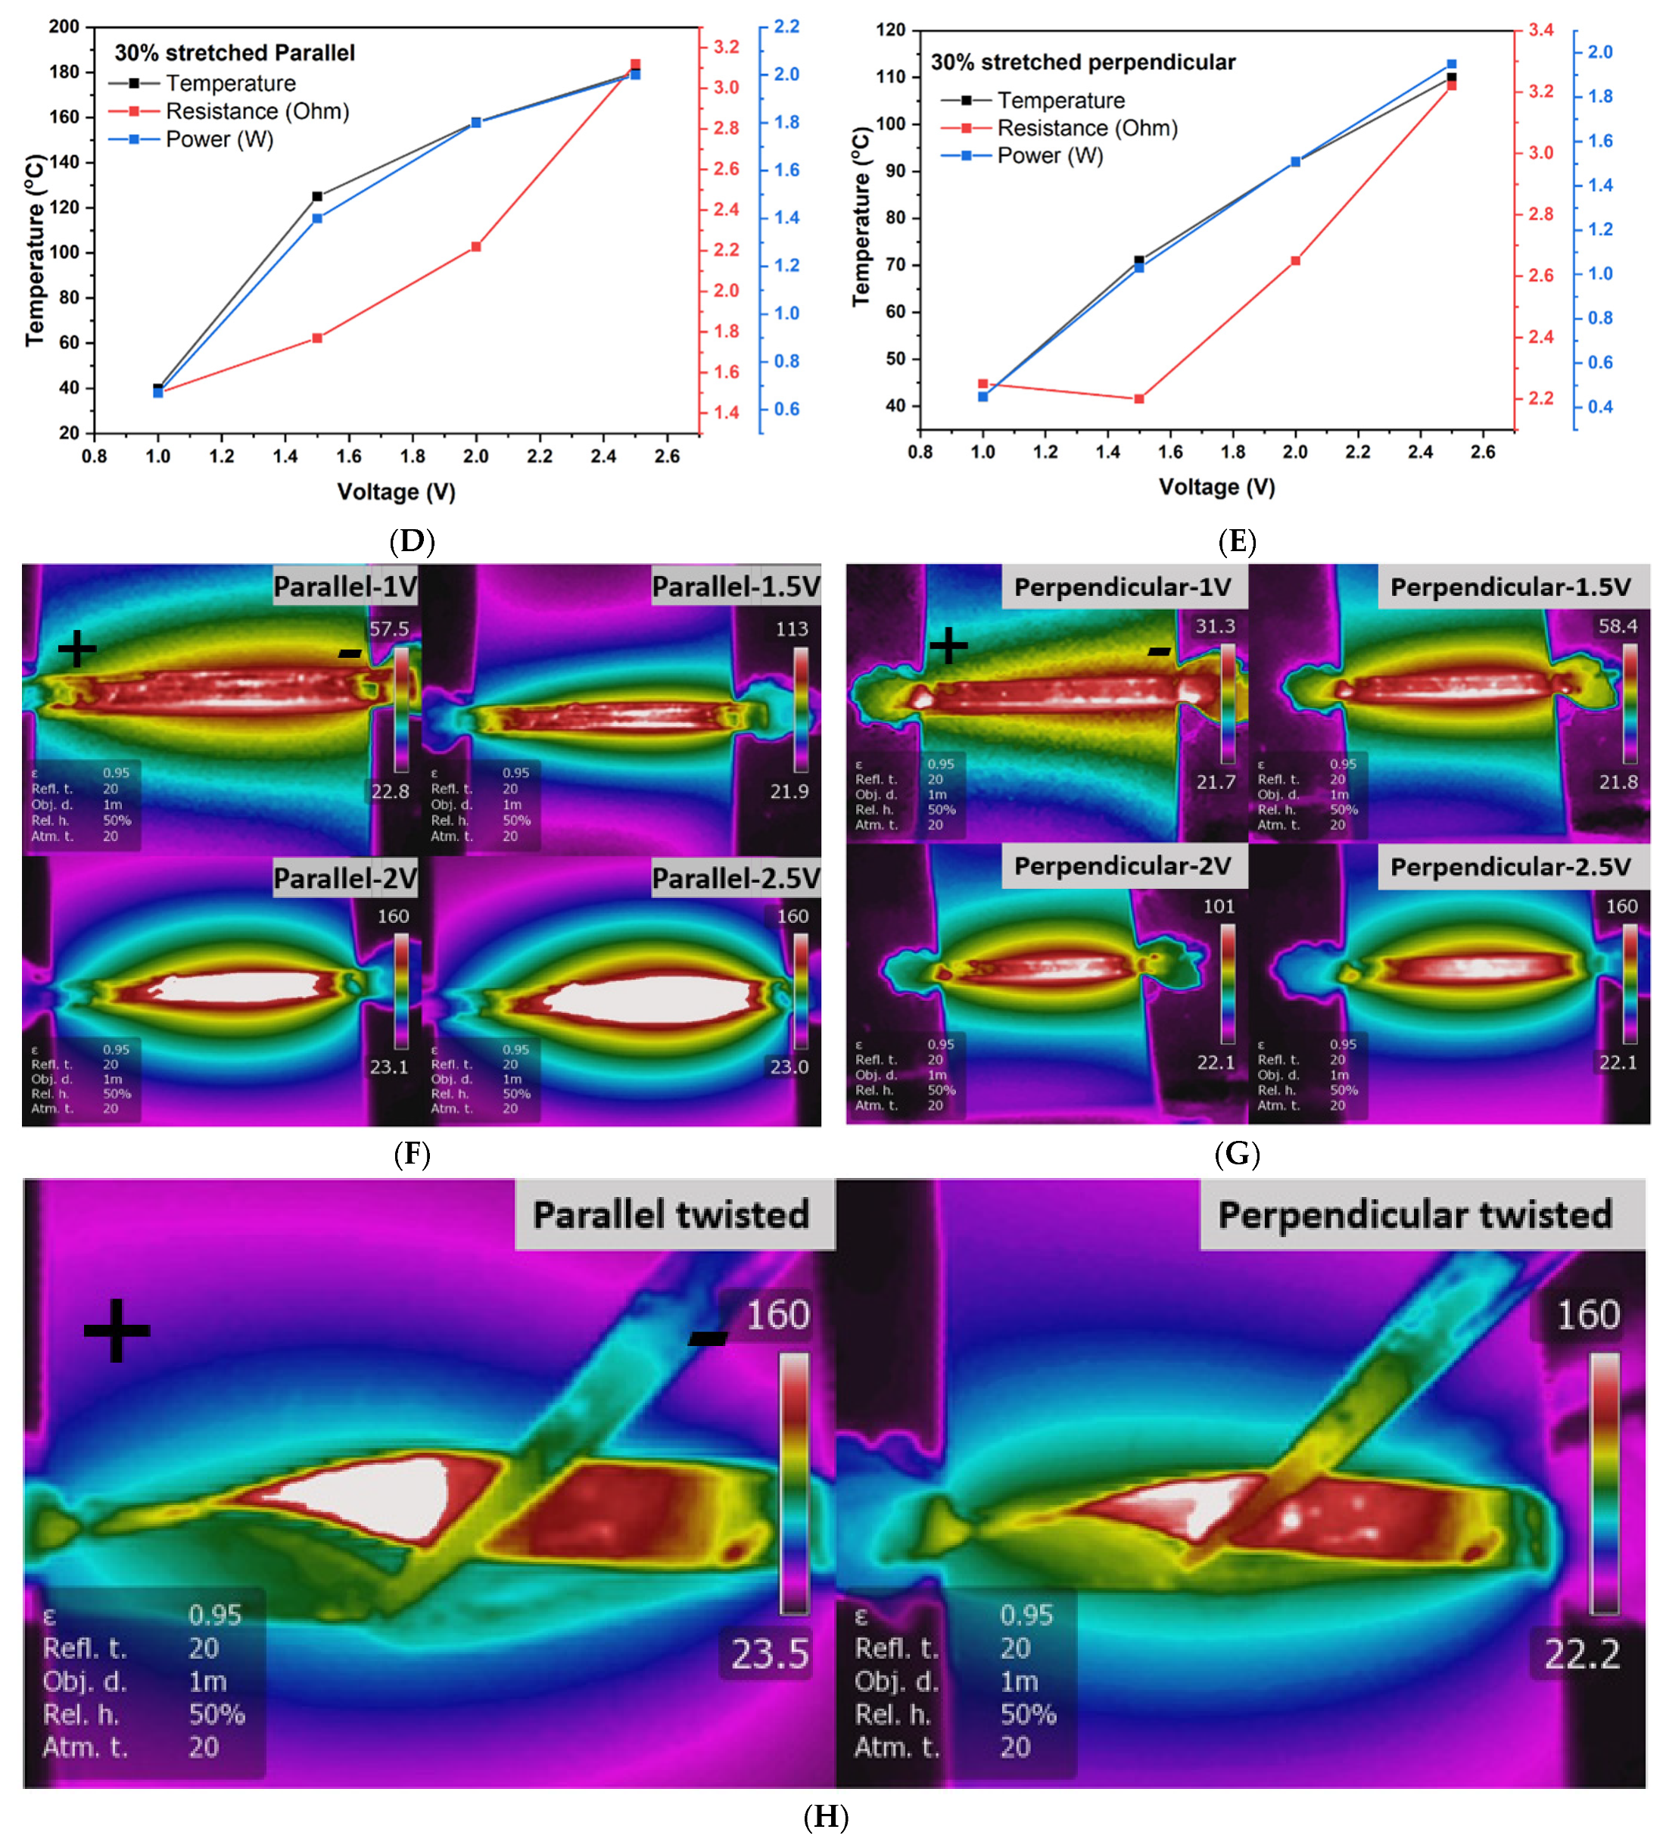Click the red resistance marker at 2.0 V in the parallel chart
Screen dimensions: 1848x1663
[476, 247]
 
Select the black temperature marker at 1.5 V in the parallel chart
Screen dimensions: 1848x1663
[317, 197]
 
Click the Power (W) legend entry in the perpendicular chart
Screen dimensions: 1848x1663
[1049, 155]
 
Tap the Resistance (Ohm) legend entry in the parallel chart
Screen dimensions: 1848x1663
[257, 111]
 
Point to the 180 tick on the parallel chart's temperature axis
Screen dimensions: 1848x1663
[64, 72]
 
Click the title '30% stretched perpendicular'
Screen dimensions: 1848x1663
[1082, 62]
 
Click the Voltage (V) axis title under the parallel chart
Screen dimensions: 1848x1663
[396, 491]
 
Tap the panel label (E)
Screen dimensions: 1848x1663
[1236, 541]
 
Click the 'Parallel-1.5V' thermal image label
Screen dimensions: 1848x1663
[736, 587]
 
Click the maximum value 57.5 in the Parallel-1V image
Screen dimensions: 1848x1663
[389, 629]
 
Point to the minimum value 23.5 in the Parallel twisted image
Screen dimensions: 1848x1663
[769, 1653]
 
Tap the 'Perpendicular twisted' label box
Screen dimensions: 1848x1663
[1415, 1214]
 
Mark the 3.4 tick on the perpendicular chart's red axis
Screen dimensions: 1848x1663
[1540, 30]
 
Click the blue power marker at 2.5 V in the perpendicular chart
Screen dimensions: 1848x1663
[1451, 65]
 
